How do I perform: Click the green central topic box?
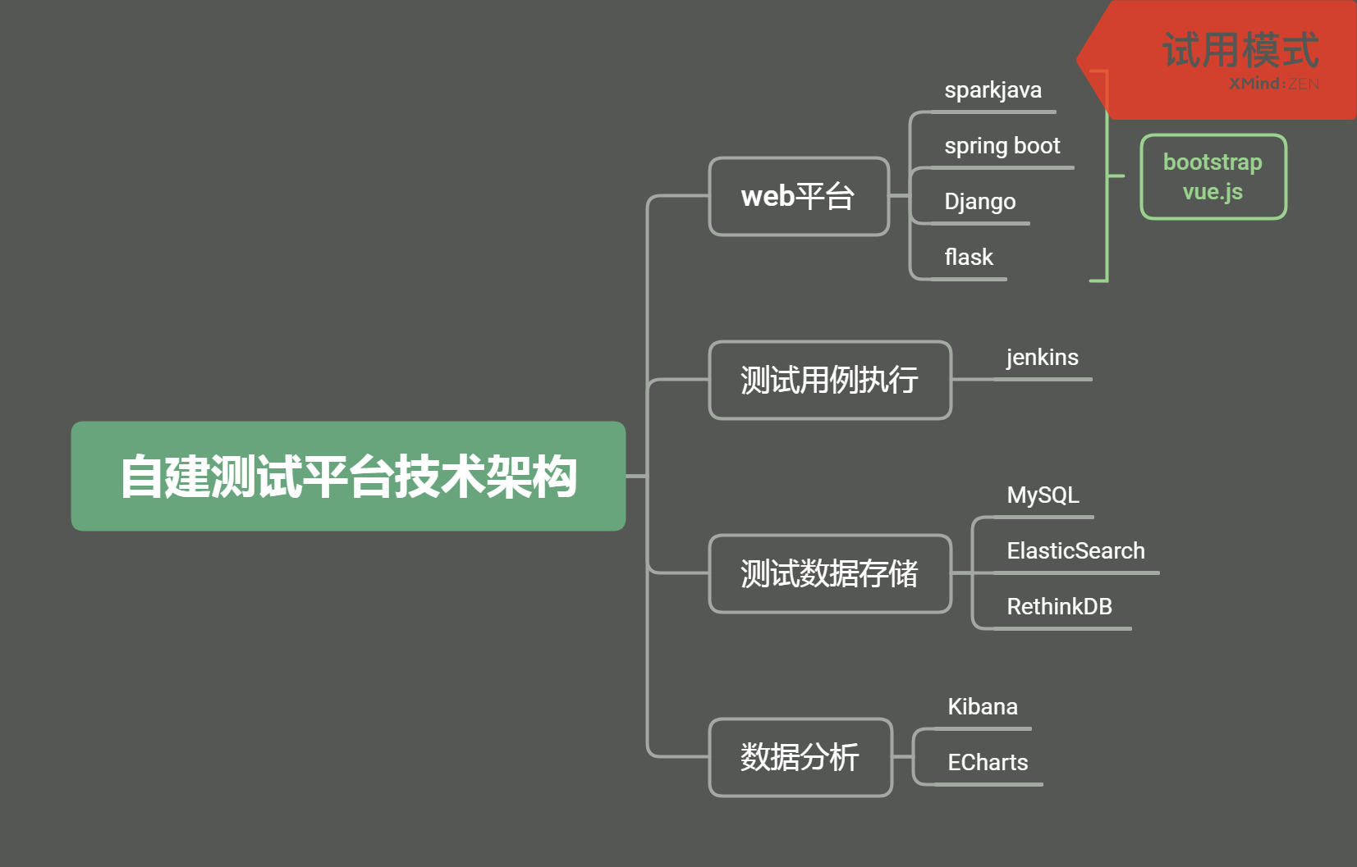pos(348,476)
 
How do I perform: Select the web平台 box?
pos(799,196)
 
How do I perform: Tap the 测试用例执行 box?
pos(830,381)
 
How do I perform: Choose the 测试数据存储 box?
pos(830,573)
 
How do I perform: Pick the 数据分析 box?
pos(800,757)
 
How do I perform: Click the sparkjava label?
pos(993,90)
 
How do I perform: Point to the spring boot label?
pos(1002,146)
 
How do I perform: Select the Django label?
pos(980,202)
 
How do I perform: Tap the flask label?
pos(969,257)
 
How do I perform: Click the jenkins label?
pos(1043,357)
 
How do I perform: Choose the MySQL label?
pos(1043,495)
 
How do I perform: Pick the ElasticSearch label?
pos(1076,551)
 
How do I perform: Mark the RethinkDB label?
pos(1060,607)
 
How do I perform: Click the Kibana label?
pos(983,706)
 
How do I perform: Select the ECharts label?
pos(988,762)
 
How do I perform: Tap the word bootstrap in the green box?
pos(1213,162)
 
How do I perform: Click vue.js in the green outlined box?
pos(1213,192)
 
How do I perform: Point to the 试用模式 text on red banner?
pos(1240,50)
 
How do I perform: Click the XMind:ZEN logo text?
pos(1274,84)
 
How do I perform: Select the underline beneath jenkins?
pos(1043,380)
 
